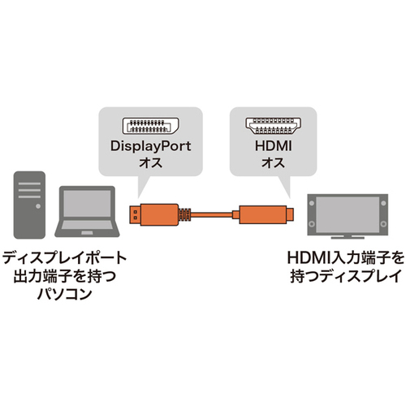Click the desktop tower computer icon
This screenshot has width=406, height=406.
coord(29,205)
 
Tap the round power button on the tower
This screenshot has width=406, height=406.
coord(38,206)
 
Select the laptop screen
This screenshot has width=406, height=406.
coord(87,204)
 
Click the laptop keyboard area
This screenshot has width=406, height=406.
coord(87,225)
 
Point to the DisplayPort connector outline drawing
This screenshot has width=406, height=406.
coord(150,126)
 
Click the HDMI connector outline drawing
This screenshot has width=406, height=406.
coord(274,126)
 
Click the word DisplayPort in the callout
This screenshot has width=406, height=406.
coord(150,146)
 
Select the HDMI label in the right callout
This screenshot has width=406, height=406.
coord(274,146)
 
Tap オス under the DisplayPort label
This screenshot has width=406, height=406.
coord(150,163)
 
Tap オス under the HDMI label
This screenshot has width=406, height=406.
coord(274,163)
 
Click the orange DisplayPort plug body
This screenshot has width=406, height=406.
coord(159,214)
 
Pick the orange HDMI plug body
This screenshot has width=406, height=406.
coord(262,214)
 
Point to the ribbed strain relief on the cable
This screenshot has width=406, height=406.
coord(184,214)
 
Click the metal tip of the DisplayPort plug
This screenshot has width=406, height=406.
coord(135,214)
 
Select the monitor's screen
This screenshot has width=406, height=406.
coord(348,214)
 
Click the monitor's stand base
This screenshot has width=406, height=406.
coord(348,238)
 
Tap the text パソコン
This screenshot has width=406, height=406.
coord(64,294)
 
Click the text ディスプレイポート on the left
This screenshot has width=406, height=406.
coord(64,258)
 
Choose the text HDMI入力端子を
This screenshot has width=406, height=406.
coord(346,258)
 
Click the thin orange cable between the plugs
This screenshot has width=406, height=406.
coord(212,215)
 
